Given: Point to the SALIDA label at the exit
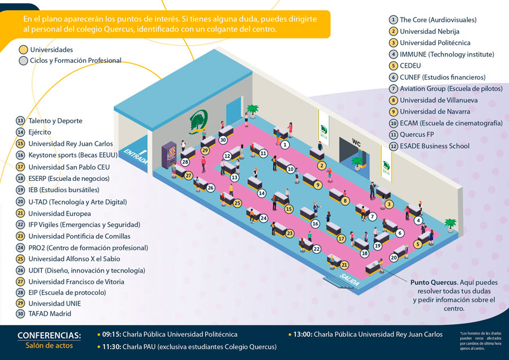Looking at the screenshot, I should (350, 276).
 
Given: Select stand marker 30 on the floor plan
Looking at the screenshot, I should (223, 140).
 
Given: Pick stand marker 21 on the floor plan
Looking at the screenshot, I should (344, 264).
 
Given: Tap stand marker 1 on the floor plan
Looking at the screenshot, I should (285, 145).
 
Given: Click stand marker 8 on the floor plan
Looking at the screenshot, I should (345, 201).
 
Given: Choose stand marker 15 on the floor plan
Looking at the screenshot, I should (289, 209).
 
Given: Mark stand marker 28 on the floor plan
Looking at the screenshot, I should (185, 163).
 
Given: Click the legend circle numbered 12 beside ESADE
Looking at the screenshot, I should (394, 146).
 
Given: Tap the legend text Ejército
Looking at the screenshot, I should (40, 132).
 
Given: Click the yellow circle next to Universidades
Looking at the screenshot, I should (23, 50).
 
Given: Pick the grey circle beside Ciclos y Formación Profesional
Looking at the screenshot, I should (23, 61).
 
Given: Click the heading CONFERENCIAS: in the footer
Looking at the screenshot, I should (49, 335).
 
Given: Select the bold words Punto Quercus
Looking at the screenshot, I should (433, 282).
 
